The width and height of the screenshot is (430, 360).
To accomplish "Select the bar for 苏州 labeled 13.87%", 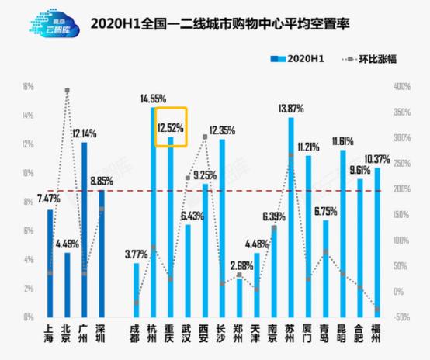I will click(x=291, y=217).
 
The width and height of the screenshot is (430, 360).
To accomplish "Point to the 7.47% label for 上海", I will click(x=50, y=200).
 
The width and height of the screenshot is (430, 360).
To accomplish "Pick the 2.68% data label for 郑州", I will click(x=240, y=265).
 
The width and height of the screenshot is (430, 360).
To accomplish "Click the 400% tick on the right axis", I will click(x=399, y=86).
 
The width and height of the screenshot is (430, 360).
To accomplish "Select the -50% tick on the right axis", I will click(x=399, y=317).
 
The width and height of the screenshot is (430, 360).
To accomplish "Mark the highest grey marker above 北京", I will click(x=68, y=91).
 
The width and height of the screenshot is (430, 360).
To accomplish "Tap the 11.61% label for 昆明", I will click(x=342, y=140).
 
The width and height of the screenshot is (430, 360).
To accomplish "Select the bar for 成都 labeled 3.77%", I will click(x=137, y=290).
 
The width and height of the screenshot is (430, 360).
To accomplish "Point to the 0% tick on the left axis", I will click(x=29, y=317).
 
